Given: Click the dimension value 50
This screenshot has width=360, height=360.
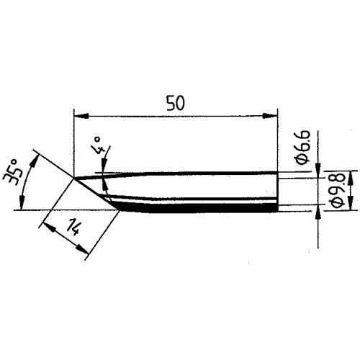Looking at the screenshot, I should (x=175, y=102).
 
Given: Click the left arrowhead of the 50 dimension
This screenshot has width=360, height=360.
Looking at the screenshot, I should (x=78, y=115).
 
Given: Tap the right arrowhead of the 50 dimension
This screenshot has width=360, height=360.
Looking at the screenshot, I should (x=274, y=115).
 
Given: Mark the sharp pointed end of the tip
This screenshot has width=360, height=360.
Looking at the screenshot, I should (x=74, y=177).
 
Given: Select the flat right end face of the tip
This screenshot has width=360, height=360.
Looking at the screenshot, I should (x=277, y=191).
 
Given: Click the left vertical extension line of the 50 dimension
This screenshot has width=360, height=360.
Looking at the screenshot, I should (x=74, y=144).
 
